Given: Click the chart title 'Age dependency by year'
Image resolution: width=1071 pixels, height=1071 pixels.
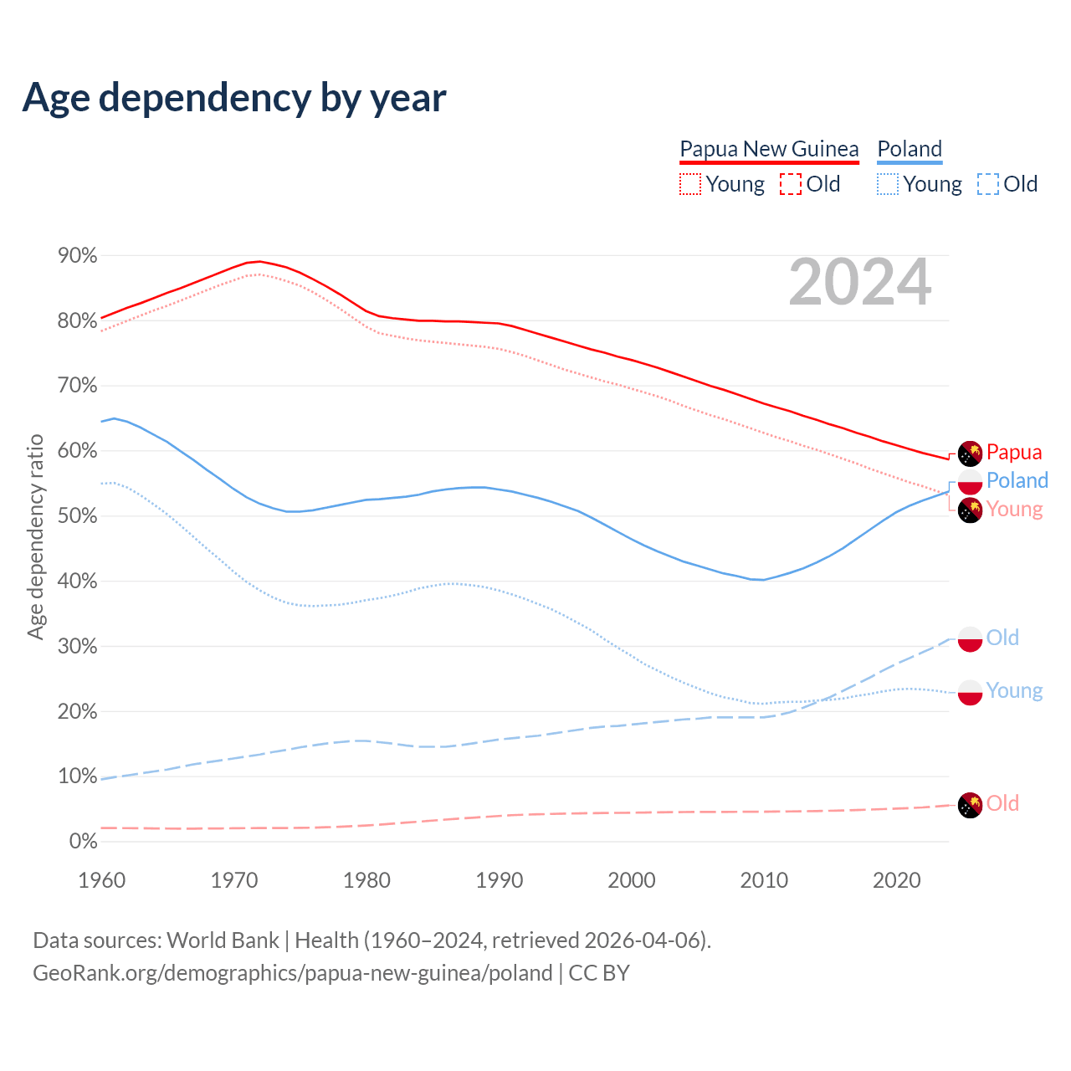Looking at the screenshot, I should pyautogui.click(x=234, y=98).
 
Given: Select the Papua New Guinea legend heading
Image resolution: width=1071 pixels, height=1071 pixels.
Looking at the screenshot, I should pyautogui.click(x=769, y=149).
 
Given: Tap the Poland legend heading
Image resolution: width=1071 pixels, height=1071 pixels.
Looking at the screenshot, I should pyautogui.click(x=910, y=149).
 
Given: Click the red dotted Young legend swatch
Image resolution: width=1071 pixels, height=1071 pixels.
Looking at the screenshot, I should pyautogui.click(x=690, y=184).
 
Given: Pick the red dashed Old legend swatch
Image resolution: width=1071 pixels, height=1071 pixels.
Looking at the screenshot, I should pyautogui.click(x=791, y=184).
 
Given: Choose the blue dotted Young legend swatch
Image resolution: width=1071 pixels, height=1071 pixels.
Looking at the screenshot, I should pyautogui.click(x=888, y=184).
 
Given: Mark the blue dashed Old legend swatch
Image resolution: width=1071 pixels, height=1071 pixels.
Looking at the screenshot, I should pyautogui.click(x=988, y=184).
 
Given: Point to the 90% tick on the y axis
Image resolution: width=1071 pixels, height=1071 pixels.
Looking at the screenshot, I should pyautogui.click(x=78, y=256).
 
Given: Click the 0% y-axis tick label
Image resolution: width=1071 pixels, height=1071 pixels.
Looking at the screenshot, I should pyautogui.click(x=83, y=842).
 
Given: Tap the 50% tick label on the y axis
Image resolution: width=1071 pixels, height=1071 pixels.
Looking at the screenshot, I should pyautogui.click(x=78, y=516).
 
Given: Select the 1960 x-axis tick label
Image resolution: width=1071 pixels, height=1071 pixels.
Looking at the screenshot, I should pyautogui.click(x=101, y=880).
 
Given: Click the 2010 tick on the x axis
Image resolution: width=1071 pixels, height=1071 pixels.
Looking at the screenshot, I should pyautogui.click(x=764, y=880).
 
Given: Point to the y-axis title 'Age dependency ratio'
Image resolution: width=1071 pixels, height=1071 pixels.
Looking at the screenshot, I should pyautogui.click(x=35, y=536).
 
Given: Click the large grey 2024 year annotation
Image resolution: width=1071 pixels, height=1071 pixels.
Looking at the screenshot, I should pyautogui.click(x=859, y=283).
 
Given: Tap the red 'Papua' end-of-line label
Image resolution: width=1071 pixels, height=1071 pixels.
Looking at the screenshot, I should pyautogui.click(x=1014, y=453).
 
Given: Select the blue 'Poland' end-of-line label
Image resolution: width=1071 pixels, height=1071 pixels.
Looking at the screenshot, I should pyautogui.click(x=1017, y=480).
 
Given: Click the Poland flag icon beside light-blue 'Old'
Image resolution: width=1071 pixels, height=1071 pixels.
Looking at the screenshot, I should pyautogui.click(x=970, y=638).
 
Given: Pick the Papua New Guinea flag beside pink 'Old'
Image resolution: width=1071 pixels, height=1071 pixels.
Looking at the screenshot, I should pyautogui.click(x=970, y=805).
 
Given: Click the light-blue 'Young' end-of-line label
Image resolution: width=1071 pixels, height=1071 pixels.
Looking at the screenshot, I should pyautogui.click(x=1014, y=690).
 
